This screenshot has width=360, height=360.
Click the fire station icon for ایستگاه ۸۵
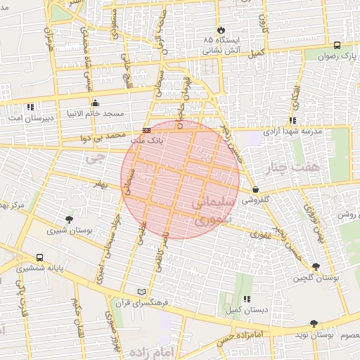(x=220, y=30)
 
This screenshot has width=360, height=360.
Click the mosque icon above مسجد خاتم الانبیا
(x=96, y=103)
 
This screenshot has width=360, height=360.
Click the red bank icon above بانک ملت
(x=146, y=130)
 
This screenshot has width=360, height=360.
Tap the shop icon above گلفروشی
(x=255, y=189)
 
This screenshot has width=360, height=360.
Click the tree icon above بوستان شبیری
(x=68, y=219)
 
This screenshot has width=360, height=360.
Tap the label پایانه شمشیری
(x=40, y=269)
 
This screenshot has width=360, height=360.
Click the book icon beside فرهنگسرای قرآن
(x=142, y=292)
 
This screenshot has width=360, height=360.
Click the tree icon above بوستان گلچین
(x=314, y=266)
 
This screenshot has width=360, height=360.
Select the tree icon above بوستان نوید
(x=313, y=323)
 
